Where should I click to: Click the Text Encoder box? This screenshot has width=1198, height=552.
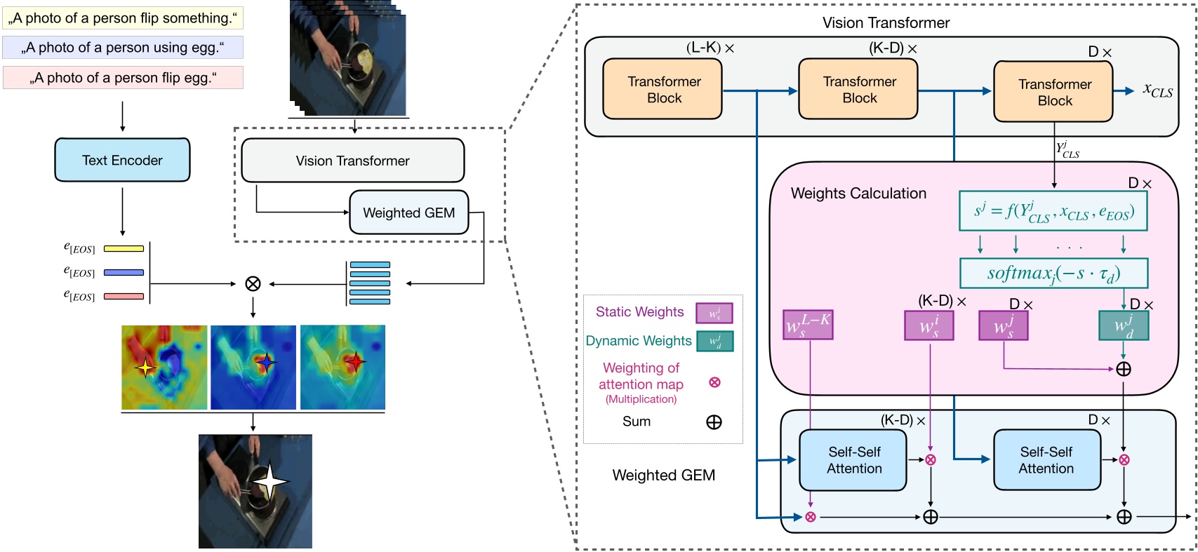tap(122, 160)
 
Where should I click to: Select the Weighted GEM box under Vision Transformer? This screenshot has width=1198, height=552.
tap(408, 213)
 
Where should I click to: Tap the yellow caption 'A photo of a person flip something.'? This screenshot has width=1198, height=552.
tap(122, 18)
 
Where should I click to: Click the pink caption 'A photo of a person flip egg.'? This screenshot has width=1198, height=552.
tap(123, 78)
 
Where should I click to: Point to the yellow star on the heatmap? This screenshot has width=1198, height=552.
tap(145, 367)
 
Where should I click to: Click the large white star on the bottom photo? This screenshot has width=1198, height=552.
tap(270, 481)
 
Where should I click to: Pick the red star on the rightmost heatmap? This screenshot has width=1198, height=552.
tap(355, 362)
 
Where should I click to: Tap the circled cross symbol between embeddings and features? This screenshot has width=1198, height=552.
tap(253, 283)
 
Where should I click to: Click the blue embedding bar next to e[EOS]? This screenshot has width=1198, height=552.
tap(124, 272)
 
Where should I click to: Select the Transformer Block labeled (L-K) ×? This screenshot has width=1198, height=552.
tap(663, 90)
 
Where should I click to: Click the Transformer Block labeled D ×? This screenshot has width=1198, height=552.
tap(1053, 92)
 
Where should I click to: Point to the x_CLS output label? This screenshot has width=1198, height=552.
tap(1158, 90)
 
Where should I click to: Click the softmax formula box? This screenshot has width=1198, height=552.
tap(1053, 273)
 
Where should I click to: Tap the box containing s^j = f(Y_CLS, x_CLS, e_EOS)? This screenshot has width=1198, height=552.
tap(1053, 211)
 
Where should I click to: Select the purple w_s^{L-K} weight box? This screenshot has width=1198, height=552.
tap(808, 325)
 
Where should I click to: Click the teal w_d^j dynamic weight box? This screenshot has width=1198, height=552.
tap(1123, 325)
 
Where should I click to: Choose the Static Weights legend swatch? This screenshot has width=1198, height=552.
tap(714, 313)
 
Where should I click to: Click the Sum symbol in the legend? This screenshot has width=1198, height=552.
tap(714, 422)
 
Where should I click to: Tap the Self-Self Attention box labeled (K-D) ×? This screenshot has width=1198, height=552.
tap(853, 460)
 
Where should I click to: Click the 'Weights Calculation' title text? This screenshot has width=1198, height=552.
tap(858, 194)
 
